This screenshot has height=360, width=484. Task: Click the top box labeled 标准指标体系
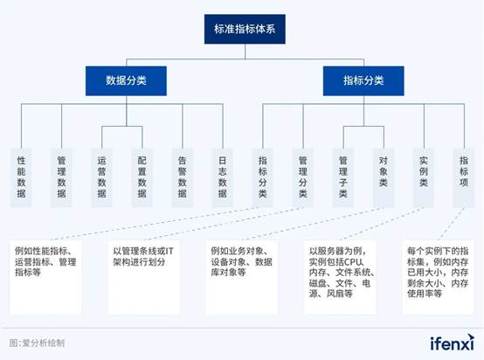tap(245, 29)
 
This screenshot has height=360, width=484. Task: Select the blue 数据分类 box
tap(126, 80)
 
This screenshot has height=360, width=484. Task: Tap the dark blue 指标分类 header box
tap(363, 80)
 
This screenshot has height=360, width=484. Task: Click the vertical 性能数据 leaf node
tap(21, 177)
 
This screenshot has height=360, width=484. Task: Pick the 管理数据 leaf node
tap(61, 177)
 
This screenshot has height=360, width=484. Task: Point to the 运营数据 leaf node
tap(101, 177)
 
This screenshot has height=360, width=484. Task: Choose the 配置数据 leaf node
tap(142, 177)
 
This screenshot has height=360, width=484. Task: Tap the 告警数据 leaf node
tap(182, 177)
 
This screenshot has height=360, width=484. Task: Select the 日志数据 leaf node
tap(223, 177)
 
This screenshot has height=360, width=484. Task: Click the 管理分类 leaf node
tap(303, 177)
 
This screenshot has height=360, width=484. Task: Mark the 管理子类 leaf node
tap(343, 177)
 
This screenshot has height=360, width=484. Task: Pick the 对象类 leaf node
tap(384, 177)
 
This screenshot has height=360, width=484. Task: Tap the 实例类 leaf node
tap(424, 177)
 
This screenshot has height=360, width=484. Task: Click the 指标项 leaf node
tap(464, 177)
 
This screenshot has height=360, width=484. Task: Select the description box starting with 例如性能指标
tap(45, 277)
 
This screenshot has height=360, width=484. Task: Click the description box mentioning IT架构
tap(144, 277)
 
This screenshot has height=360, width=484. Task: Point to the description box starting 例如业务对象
tap(242, 277)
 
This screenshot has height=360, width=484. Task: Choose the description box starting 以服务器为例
tap(340, 277)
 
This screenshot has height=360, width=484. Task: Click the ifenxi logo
tap(453, 343)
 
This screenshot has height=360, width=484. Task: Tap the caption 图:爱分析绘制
tap(37, 343)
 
